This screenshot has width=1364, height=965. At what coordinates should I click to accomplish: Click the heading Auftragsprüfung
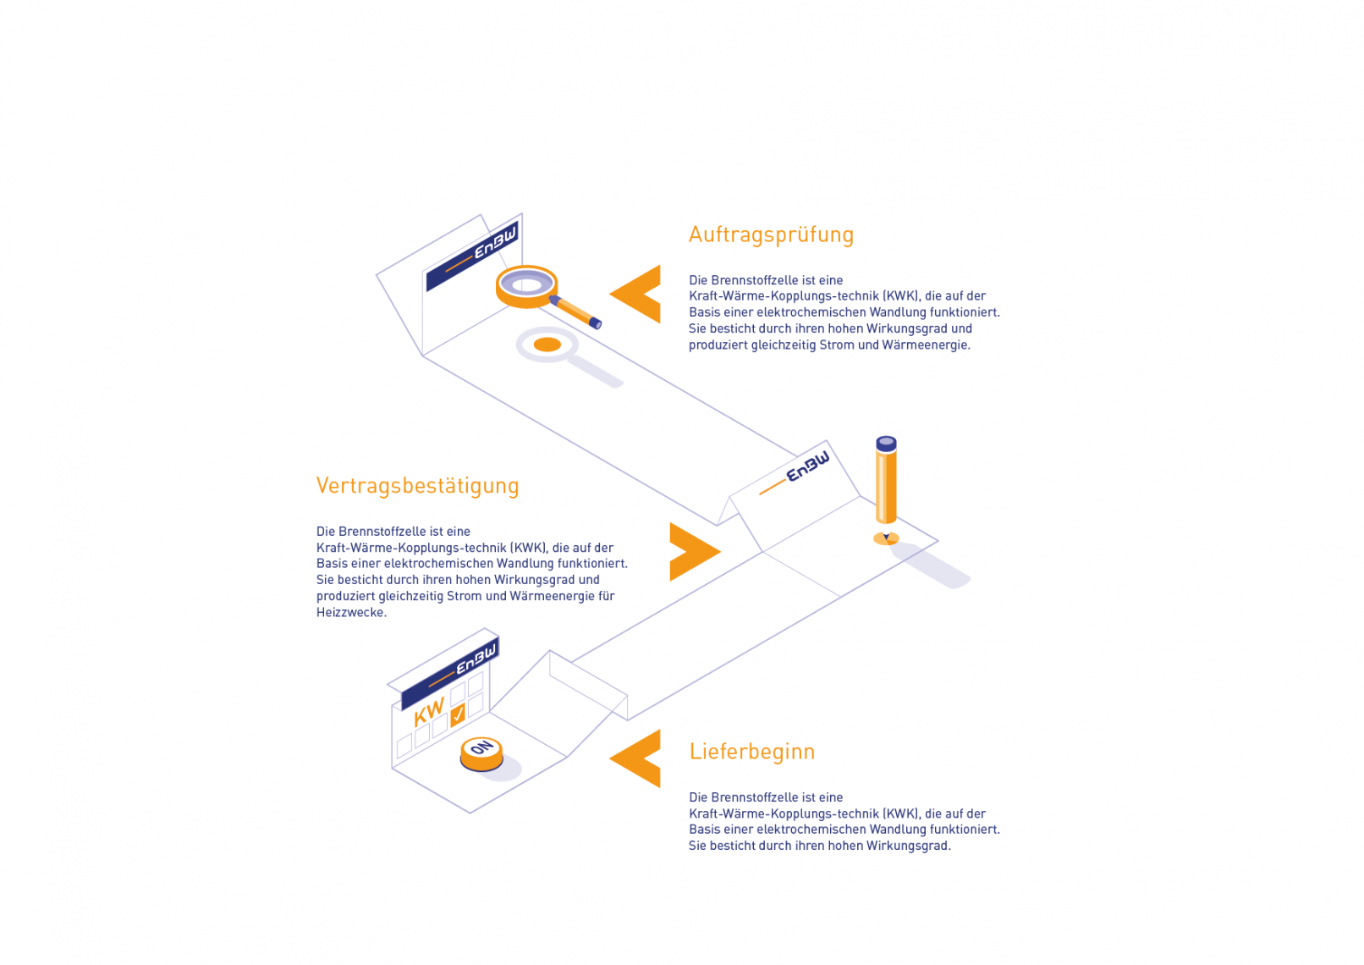pos(771,235)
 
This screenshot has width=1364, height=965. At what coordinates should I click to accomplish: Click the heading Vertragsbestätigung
pos(417,486)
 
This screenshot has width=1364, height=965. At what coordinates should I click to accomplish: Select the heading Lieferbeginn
pos(751,753)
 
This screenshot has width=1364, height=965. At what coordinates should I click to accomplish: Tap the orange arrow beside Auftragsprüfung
pos(635,294)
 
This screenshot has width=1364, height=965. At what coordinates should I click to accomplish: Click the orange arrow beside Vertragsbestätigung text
pos(695,552)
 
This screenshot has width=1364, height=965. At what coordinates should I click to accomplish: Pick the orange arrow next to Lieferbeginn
pos(635,758)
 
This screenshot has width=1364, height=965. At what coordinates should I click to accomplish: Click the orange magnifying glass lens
pos(526,286)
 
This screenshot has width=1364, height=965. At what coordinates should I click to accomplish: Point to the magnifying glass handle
pos(575,311)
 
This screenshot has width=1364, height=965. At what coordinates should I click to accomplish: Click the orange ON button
pos(481,753)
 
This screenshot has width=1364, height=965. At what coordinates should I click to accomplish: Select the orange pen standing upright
pos(886,482)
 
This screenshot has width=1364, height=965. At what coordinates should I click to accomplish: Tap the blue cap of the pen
pos(886,444)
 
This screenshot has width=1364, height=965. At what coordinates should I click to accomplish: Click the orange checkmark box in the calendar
pos(458,714)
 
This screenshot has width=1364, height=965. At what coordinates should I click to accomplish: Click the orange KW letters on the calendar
pos(429,712)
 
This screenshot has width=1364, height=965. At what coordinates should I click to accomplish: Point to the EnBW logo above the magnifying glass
pos(472,256)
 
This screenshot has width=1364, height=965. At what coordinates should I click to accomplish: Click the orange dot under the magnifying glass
pos(547,345)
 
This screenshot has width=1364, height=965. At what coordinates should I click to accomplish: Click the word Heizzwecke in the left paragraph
pos(351,613)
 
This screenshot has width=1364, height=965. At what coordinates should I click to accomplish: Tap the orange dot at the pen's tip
pos(886,538)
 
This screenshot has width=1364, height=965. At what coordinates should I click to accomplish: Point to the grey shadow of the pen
pos(928,565)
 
